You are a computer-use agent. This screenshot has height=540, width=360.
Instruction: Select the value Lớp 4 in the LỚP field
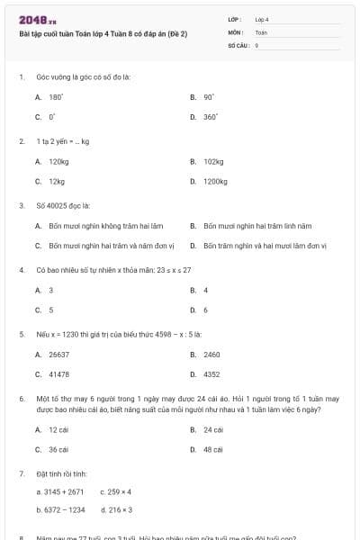pyautogui.click(x=262, y=18)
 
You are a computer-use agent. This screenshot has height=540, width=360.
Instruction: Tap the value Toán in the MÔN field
pyautogui.click(x=261, y=31)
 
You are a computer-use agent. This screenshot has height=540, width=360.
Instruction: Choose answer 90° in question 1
pyautogui.click(x=208, y=96)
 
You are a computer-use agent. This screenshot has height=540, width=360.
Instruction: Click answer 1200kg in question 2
pyautogui.click(x=215, y=181)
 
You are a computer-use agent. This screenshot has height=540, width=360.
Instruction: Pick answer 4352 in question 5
pyautogui.click(x=211, y=373)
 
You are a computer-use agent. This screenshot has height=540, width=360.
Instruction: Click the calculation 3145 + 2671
pyautogui.click(x=59, y=491)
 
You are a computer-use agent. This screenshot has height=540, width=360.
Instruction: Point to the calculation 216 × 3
pyautogui.click(x=117, y=509)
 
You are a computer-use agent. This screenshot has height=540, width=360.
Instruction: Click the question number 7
pyautogui.click(x=21, y=472)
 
